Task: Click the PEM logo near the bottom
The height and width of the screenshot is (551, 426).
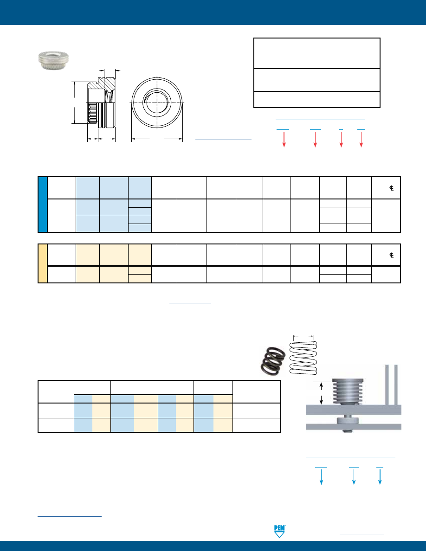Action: pyautogui.click(x=279, y=532)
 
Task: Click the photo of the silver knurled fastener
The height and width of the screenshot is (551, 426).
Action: pyautogui.click(x=53, y=60)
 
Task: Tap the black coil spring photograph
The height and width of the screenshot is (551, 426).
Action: pyautogui.click(x=273, y=361)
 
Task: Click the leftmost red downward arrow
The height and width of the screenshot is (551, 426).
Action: pyautogui.click(x=284, y=140)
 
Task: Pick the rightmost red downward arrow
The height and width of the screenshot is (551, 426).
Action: pyautogui.click(x=361, y=140)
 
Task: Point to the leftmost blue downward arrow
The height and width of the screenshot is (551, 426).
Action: pyautogui.click(x=321, y=477)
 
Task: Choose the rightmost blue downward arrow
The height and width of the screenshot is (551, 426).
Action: pyautogui.click(x=380, y=477)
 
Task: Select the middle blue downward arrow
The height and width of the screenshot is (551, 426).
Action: pyautogui.click(x=354, y=477)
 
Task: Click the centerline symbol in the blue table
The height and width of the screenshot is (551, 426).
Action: pyautogui.click(x=392, y=188)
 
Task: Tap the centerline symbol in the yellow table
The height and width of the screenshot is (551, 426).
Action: pyautogui.click(x=392, y=255)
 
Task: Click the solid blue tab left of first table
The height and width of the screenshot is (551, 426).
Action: pyautogui.click(x=43, y=205)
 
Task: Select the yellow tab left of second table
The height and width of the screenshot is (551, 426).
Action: pyautogui.click(x=43, y=263)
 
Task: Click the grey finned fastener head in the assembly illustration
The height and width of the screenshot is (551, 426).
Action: pyautogui.click(x=348, y=391)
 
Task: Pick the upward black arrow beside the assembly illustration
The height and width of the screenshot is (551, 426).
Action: pyautogui.click(x=321, y=386)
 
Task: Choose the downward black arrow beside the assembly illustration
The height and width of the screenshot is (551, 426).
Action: pyautogui.click(x=321, y=400)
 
